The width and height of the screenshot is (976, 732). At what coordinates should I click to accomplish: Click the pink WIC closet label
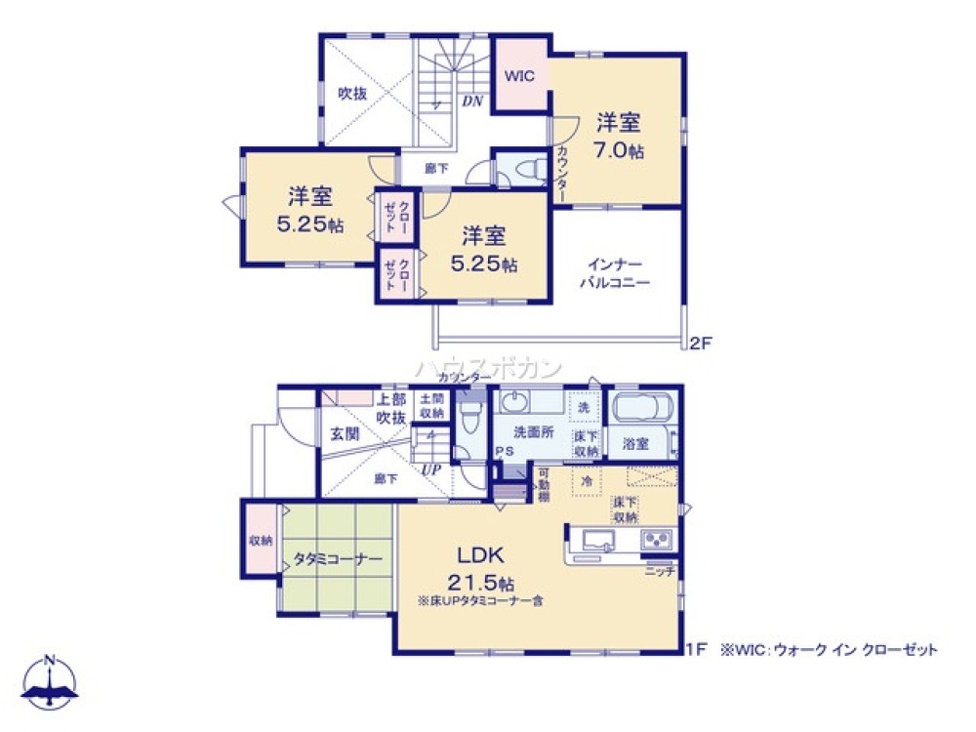[x=519, y=76]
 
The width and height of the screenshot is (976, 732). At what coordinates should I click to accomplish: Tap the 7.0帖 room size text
[x=619, y=152]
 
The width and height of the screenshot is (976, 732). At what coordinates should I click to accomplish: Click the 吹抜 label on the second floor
[x=352, y=94]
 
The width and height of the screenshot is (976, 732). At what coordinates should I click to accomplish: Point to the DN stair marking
[x=471, y=101]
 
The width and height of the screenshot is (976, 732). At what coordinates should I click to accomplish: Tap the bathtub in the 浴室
[x=640, y=408]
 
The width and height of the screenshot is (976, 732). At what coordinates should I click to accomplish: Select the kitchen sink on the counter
[x=593, y=539]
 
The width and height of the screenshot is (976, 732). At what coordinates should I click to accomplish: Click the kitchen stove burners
[x=656, y=539]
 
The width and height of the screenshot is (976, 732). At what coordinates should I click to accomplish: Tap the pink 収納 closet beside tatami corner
[x=260, y=540]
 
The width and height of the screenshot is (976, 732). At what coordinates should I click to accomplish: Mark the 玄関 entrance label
[x=345, y=433]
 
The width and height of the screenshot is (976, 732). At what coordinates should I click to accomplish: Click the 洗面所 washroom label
[x=530, y=433]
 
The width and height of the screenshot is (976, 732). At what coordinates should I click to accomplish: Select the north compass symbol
[x=49, y=683]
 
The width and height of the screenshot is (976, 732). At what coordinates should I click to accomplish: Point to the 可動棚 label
[x=546, y=485]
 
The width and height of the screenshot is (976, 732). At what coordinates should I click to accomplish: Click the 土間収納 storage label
[x=431, y=405]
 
